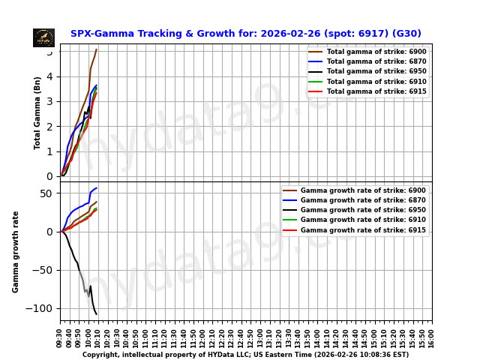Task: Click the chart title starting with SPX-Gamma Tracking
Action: [246, 34]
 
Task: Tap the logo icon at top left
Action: [43, 37]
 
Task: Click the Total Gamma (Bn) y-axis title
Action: [38, 112]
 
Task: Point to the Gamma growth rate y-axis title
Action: [16, 251]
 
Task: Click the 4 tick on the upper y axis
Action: [49, 76]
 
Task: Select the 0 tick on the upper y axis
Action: [49, 176]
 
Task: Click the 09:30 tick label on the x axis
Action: [61, 337]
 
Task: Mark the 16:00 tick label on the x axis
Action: [432, 337]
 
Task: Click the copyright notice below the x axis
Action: [246, 355]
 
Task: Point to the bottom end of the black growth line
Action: [97, 314]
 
